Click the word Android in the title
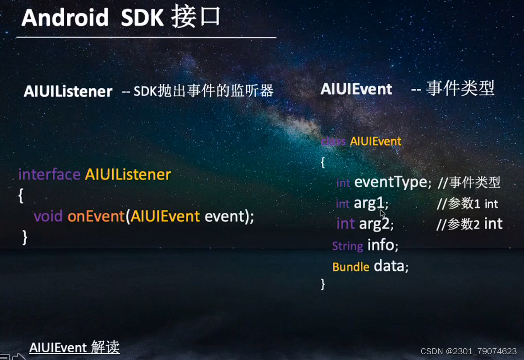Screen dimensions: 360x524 point(65,18)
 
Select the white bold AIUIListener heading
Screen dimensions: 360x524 point(68,91)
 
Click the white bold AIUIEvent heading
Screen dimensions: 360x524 point(356,89)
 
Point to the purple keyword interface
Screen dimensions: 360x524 point(49,174)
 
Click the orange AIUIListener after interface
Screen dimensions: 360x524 point(128,174)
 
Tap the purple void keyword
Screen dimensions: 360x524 point(48,216)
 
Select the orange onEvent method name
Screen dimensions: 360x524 point(96,216)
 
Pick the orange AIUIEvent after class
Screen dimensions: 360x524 point(376,141)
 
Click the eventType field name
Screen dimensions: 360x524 point(391,182)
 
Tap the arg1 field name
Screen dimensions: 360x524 point(369,203)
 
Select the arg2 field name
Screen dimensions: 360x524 point(374,223)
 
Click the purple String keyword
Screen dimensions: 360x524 point(347,246)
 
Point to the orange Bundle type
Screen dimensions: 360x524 point(351,267)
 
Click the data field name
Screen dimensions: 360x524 point(389,266)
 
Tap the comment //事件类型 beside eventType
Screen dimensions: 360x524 point(469,182)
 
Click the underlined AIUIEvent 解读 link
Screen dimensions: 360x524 point(74,347)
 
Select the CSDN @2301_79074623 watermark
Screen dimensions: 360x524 point(469,351)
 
